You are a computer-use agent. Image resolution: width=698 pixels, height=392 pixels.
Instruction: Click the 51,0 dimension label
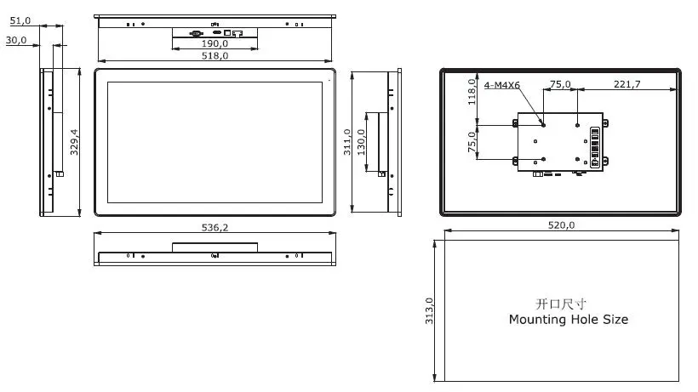(20, 20)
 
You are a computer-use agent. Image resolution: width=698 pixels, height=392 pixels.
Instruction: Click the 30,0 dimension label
(16, 40)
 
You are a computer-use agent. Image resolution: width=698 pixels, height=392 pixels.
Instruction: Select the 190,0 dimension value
(215, 43)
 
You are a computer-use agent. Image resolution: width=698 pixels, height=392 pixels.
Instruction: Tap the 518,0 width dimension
(215, 56)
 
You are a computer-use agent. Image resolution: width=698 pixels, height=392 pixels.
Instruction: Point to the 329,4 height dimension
(74, 142)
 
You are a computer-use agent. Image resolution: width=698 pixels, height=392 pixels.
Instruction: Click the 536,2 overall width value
(215, 228)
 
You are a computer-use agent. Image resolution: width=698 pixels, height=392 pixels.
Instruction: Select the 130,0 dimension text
(361, 142)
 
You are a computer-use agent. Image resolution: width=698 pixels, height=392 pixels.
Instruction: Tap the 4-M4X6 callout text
(502, 85)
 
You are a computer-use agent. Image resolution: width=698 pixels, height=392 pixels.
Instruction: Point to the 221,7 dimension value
(626, 84)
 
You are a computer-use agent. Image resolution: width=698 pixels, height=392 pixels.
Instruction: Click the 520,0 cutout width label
(560, 225)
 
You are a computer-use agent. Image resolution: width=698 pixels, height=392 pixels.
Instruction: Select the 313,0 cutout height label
(430, 311)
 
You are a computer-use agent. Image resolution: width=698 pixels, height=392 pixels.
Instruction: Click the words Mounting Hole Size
(568, 320)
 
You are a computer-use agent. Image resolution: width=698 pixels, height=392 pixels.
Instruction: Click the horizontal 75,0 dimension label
(560, 84)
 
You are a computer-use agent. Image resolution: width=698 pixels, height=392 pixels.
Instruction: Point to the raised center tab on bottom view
(215, 247)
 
